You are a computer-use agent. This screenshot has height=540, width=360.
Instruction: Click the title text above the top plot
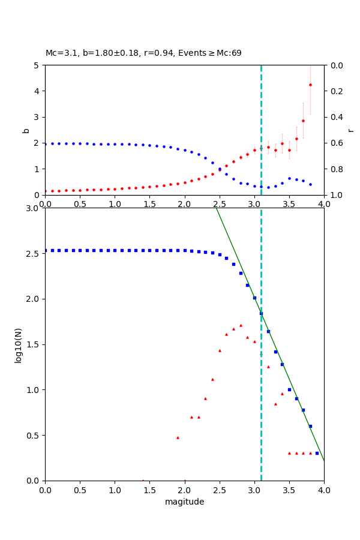click(143, 53)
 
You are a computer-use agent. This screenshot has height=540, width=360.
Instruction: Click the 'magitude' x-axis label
click(184, 502)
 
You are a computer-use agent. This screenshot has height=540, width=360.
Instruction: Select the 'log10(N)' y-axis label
click(18, 344)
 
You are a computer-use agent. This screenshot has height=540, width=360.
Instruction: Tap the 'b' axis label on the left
click(26, 130)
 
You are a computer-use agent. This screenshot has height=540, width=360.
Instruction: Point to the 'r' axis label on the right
click(350, 130)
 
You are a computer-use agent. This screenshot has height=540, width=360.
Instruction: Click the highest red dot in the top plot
click(310, 85)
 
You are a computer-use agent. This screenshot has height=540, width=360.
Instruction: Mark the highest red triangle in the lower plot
click(241, 325)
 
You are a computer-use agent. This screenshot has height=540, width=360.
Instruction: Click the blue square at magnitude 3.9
click(317, 453)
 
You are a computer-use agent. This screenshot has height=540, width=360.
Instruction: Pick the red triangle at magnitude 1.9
click(178, 437)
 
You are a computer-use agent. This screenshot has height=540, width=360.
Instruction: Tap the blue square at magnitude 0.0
click(46, 250)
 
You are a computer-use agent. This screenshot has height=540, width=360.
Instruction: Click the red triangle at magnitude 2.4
click(212, 379)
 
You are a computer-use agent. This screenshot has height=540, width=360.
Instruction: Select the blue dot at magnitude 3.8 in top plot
click(310, 184)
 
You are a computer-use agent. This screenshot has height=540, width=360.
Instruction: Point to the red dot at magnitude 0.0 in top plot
click(46, 191)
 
